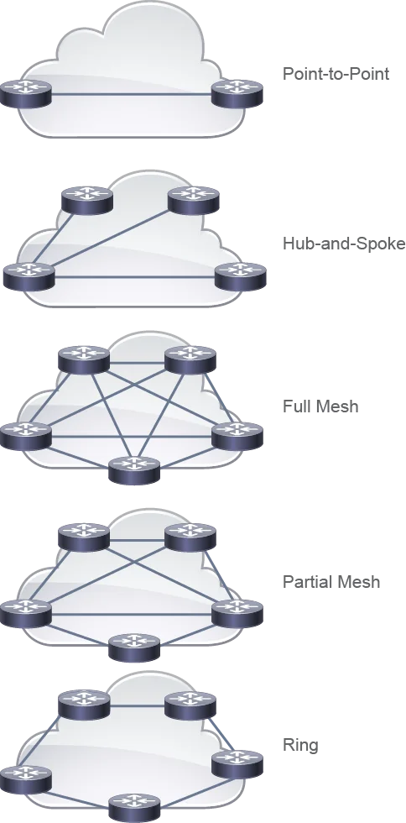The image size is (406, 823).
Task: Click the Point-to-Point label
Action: pyautogui.click(x=336, y=74)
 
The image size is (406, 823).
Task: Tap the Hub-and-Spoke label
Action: pyautogui.click(x=344, y=244)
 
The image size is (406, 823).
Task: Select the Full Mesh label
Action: pyautogui.click(x=320, y=406)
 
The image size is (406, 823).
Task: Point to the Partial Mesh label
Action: pyautogui.click(x=331, y=581)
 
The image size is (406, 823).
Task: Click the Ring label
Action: pyautogui.click(x=300, y=746)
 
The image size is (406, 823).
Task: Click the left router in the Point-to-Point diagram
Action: pyautogui.click(x=26, y=93)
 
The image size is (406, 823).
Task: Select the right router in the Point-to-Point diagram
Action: pyautogui.click(x=237, y=93)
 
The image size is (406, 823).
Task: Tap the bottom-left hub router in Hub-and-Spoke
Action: pyautogui.click(x=29, y=275)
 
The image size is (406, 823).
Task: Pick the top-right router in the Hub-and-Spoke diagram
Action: pyautogui.click(x=194, y=200)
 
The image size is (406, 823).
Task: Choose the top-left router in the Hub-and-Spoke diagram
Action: pyautogui.click(x=87, y=200)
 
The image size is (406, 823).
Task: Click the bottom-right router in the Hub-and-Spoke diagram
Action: pyautogui.click(x=241, y=275)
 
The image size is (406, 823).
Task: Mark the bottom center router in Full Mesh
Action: pyautogui.click(x=133, y=469)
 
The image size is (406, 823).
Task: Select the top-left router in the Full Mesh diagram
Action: pyautogui.click(x=84, y=360)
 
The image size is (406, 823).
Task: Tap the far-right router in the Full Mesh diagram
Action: pyautogui.click(x=237, y=436)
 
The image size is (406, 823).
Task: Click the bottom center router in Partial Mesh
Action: pyautogui.click(x=133, y=647)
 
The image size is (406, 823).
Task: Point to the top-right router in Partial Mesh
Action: pyautogui.click(x=190, y=537)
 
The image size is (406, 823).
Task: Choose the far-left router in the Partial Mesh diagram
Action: pyautogui.click(x=26, y=613)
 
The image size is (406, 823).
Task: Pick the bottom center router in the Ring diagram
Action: pyautogui.click(x=133, y=808)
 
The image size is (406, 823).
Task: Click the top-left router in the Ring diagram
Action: pyautogui.click(x=84, y=705)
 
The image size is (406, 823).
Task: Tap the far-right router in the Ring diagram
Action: pyautogui.click(x=237, y=764)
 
